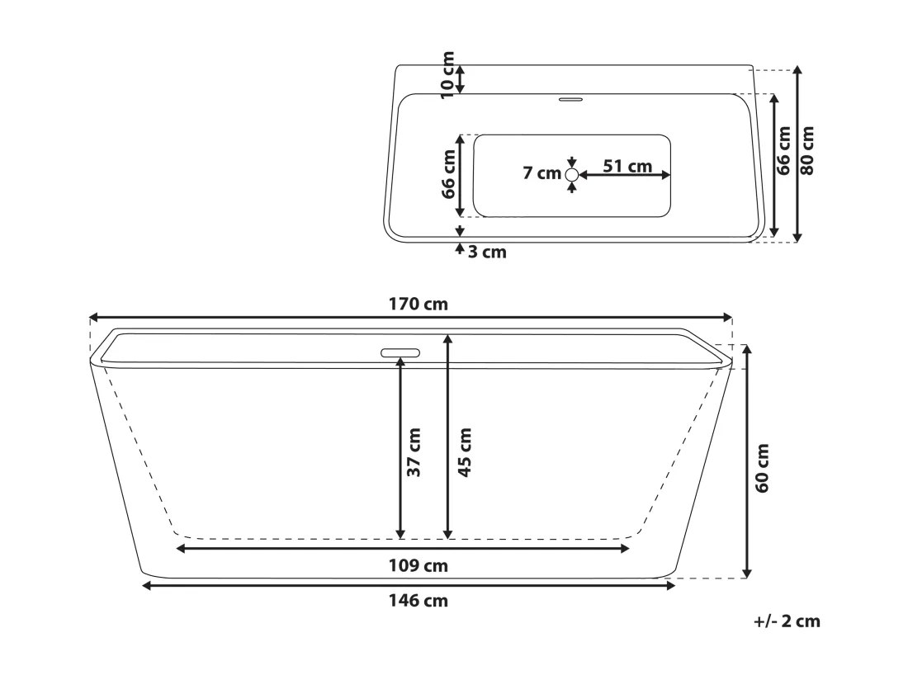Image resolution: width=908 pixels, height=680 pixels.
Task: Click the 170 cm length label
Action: click(x=419, y=304)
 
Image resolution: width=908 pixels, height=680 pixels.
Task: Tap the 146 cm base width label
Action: click(x=419, y=601)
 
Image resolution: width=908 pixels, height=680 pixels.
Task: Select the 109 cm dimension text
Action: click(x=419, y=565)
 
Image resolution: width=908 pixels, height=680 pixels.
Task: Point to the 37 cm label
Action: click(x=414, y=452)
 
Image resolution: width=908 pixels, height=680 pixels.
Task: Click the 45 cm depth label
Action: click(x=465, y=452)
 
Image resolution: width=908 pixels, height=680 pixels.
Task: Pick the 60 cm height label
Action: click(x=762, y=468)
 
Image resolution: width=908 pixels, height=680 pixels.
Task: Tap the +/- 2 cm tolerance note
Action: click(x=787, y=621)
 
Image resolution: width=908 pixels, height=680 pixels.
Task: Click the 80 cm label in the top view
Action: click(x=806, y=150)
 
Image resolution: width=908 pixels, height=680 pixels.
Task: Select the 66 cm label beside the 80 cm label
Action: click(x=783, y=150)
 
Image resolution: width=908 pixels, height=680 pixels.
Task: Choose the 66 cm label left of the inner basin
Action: click(x=449, y=174)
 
